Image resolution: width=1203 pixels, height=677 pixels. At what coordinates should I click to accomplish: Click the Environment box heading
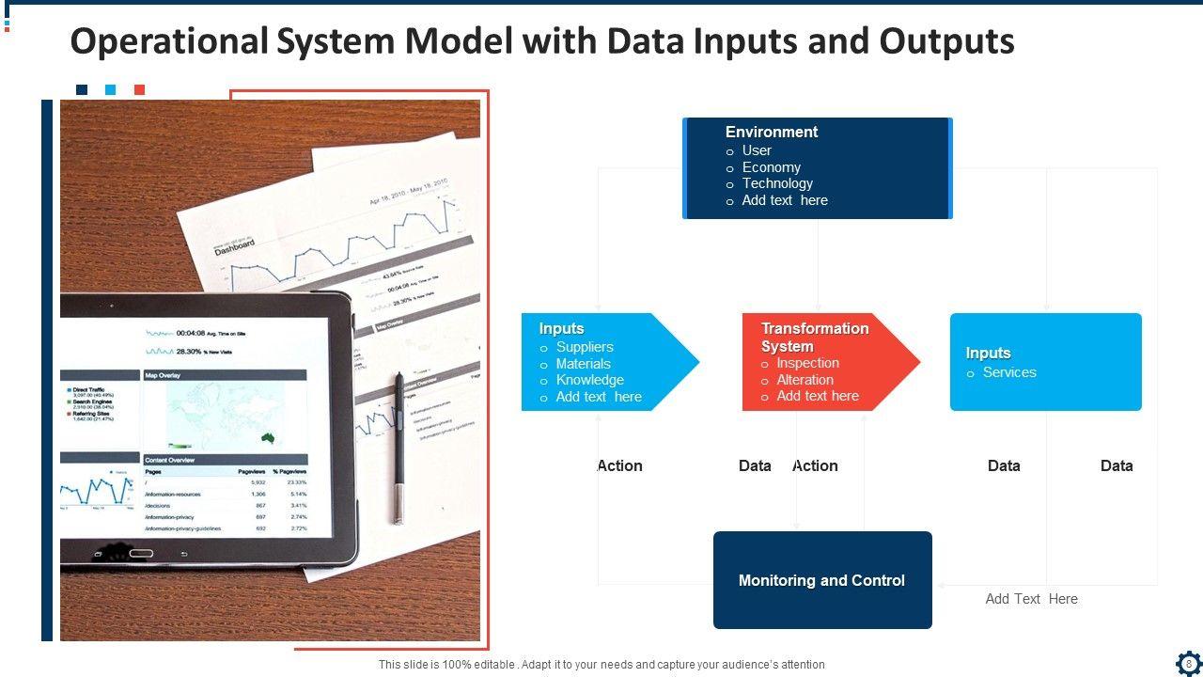pos(771,133)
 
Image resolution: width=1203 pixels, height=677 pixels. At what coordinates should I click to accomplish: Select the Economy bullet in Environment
pos(771,167)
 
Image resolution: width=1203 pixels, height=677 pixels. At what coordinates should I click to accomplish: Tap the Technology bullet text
pos(777,183)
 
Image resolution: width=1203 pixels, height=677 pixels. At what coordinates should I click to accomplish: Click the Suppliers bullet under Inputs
pos(584,347)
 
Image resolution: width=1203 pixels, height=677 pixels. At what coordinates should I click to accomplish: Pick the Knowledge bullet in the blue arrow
pos(589,380)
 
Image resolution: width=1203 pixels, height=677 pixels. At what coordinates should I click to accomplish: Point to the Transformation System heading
pos(814,337)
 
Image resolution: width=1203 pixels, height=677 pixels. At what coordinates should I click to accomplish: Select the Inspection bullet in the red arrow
pos(807,363)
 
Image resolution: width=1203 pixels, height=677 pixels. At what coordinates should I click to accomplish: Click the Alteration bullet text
pos(805,380)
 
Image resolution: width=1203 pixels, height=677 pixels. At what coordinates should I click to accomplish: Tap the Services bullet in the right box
pos(1009,372)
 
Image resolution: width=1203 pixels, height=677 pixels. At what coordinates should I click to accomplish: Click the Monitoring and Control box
pos(822,580)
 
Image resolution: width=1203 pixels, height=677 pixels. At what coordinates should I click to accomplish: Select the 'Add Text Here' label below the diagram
pos(1031,599)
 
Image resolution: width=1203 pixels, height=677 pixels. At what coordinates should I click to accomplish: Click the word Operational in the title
pos(169,42)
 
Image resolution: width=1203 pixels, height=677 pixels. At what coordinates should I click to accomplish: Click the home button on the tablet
pos(141,553)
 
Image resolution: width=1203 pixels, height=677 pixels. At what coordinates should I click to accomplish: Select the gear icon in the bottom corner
pos(1188,663)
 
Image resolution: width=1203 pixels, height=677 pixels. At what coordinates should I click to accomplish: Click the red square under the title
pos(139,90)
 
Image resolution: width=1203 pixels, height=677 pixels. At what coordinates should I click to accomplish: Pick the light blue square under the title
pos(110,90)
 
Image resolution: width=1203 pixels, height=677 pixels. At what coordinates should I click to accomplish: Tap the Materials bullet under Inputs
pos(583,364)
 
